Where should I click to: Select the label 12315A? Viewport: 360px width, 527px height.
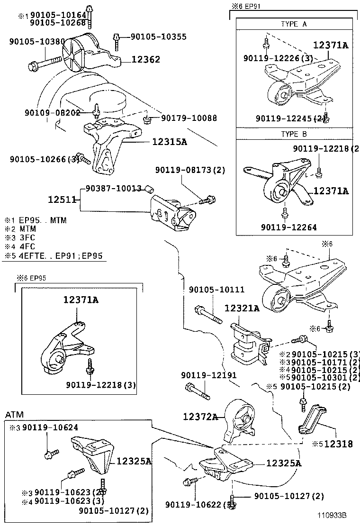[169, 141]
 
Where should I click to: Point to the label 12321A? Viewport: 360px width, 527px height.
[242, 308]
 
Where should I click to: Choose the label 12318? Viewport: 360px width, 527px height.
[338, 444]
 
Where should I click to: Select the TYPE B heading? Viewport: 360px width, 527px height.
[294, 134]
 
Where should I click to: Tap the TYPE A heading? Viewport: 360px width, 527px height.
[294, 24]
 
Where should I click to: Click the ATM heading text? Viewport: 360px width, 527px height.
[14, 415]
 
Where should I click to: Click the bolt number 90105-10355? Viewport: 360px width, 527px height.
[158, 36]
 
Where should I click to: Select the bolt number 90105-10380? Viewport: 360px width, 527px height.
[36, 42]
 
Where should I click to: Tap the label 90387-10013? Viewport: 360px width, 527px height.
[113, 189]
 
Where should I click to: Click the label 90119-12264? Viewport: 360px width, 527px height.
[288, 227]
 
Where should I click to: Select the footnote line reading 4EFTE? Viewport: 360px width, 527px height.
[55, 256]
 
